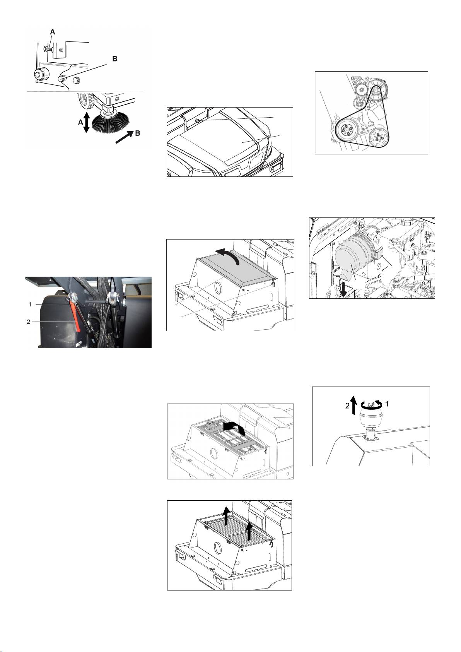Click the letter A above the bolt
coord(52,32)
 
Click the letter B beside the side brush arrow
coord(138,133)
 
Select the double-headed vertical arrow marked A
coord(86,123)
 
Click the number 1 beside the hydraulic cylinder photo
coord(30,304)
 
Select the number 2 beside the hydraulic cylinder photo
coord(28,322)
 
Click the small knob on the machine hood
coord(197,120)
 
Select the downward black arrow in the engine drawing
coord(343,290)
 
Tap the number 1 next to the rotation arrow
coord(387,404)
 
